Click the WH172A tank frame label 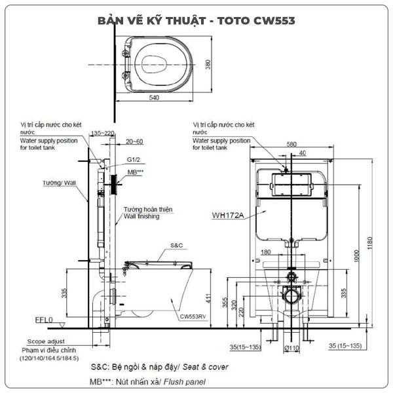(x=227, y=214)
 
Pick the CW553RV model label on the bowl (x=194, y=316)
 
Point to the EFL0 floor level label (x=43, y=322)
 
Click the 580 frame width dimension (x=291, y=145)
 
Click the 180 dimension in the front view (x=265, y=252)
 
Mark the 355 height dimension (x=225, y=304)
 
